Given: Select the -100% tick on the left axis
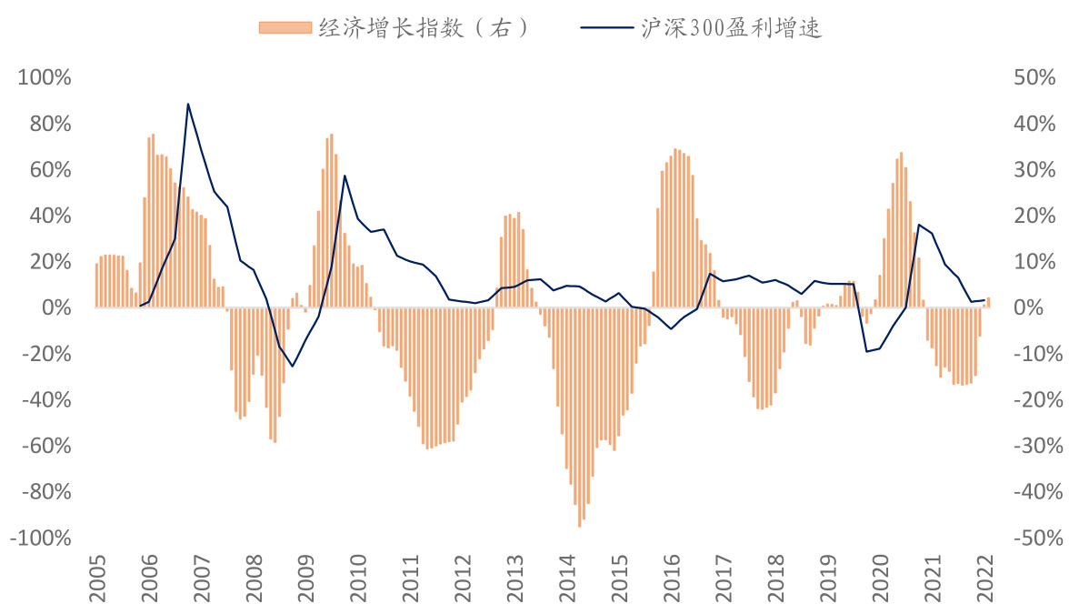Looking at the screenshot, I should [41, 539].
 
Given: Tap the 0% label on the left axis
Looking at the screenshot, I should [56, 308].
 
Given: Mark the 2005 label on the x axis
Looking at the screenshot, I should [96, 579].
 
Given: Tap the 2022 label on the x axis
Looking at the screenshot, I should [984, 579].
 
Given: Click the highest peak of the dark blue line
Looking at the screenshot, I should [187, 104].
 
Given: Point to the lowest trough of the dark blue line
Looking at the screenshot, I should [292, 367].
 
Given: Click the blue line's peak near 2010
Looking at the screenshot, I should [345, 176].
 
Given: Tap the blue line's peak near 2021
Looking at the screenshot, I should [919, 225].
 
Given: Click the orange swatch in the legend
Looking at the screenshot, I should [285, 28].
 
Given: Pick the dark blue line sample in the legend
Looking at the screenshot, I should [606, 28].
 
